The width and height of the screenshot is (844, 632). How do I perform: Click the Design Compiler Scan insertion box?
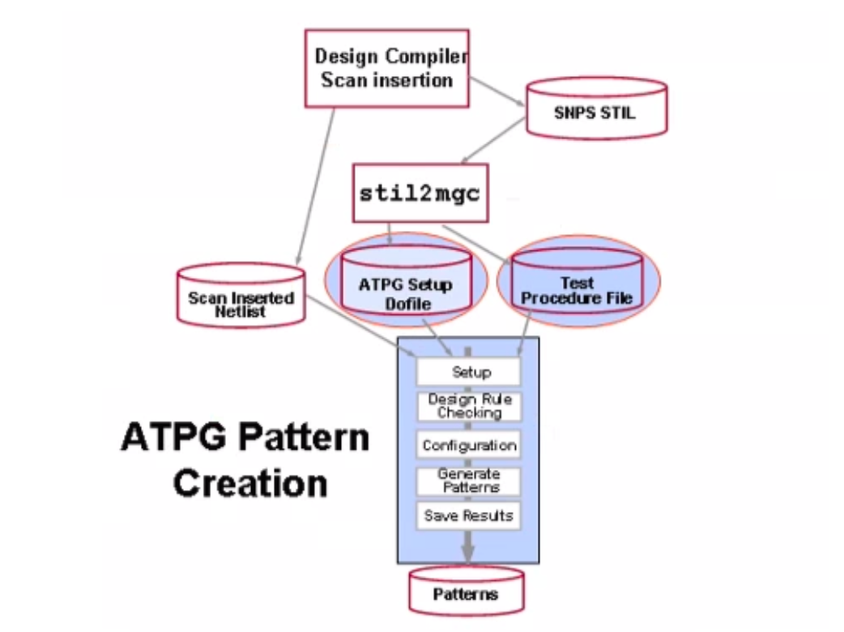pyautogui.click(x=386, y=68)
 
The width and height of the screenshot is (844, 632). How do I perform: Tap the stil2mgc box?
pyautogui.click(x=420, y=194)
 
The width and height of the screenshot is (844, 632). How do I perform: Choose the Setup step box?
pyautogui.click(x=468, y=372)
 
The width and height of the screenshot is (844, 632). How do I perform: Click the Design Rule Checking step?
pyautogui.click(x=468, y=406)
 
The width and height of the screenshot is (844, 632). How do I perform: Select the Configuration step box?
pyautogui.click(x=468, y=445)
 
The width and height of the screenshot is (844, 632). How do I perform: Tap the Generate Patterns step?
pyautogui.click(x=468, y=480)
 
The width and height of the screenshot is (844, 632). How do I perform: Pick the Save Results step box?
pyautogui.click(x=468, y=515)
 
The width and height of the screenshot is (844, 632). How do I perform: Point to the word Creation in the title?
pyautogui.click(x=250, y=484)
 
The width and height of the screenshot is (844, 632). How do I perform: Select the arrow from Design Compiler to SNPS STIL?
pyautogui.click(x=497, y=94)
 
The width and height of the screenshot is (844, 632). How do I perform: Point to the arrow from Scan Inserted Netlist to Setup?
pyautogui.click(x=360, y=332)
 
